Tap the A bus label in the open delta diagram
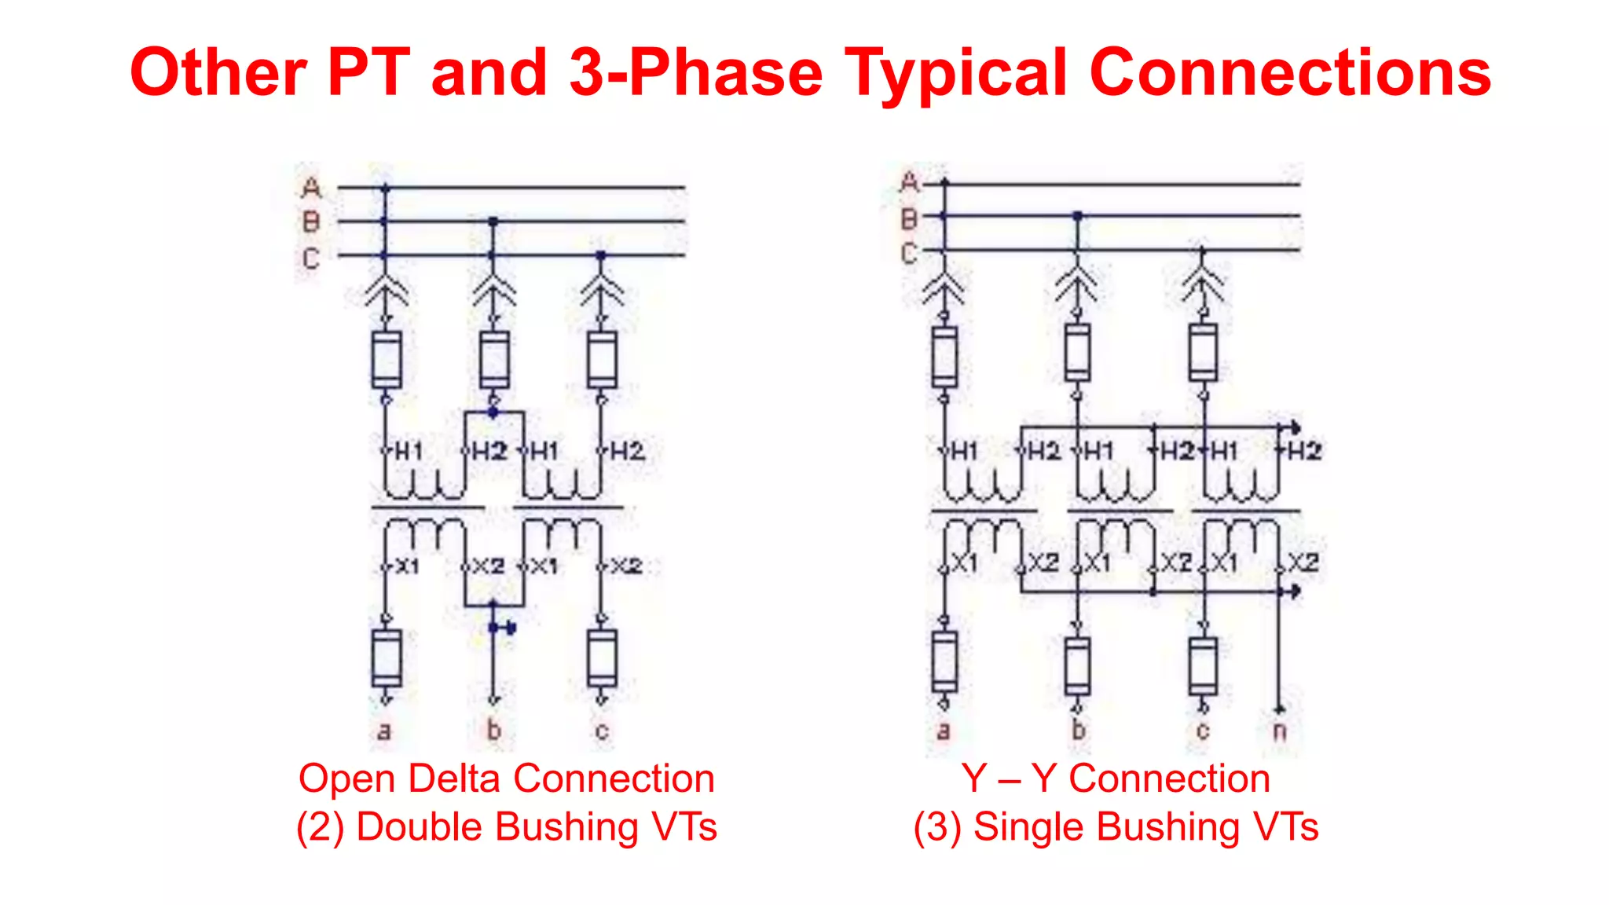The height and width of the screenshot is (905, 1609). [311, 189]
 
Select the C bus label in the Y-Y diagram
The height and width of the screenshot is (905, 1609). [909, 253]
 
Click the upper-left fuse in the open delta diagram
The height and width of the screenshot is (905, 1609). [386, 360]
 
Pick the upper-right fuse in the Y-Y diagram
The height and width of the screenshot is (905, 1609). [1203, 352]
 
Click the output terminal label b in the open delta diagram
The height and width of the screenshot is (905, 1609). [493, 730]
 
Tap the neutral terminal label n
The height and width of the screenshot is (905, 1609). [1279, 731]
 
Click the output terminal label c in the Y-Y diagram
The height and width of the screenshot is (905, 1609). [1202, 731]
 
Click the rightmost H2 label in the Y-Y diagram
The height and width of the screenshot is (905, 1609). [1304, 451]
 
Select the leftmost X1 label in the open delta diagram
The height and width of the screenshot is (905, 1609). [406, 566]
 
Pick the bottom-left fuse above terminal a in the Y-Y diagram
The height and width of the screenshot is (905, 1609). [944, 662]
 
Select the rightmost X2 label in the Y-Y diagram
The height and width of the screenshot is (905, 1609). [1303, 562]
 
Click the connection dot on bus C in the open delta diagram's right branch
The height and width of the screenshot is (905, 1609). [601, 255]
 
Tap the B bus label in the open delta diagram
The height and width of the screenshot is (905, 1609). [311, 222]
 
